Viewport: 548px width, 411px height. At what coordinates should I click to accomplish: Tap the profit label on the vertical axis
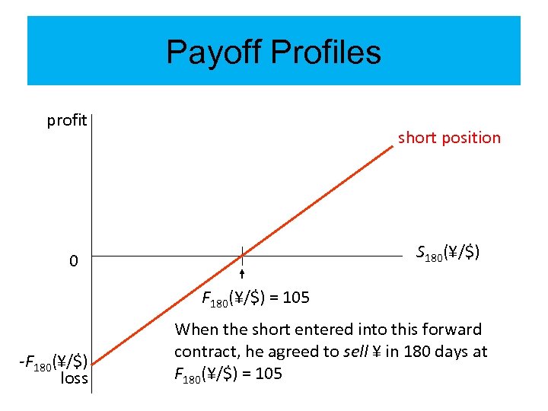point(66,120)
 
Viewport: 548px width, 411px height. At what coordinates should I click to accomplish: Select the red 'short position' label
point(449,138)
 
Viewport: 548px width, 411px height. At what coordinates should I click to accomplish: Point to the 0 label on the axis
point(73,261)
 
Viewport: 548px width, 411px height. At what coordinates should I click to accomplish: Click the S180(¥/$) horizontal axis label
point(448,252)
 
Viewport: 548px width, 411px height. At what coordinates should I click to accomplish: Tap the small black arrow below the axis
point(241,275)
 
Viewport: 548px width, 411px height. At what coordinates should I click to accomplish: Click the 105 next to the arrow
point(296,298)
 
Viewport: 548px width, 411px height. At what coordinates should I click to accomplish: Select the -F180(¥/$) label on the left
point(53,361)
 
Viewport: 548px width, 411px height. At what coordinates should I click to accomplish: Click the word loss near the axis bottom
point(74,378)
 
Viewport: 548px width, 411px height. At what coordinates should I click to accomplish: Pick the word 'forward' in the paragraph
point(454,330)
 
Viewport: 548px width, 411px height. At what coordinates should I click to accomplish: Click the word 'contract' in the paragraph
point(201,352)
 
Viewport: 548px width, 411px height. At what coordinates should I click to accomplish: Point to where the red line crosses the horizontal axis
point(241,256)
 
